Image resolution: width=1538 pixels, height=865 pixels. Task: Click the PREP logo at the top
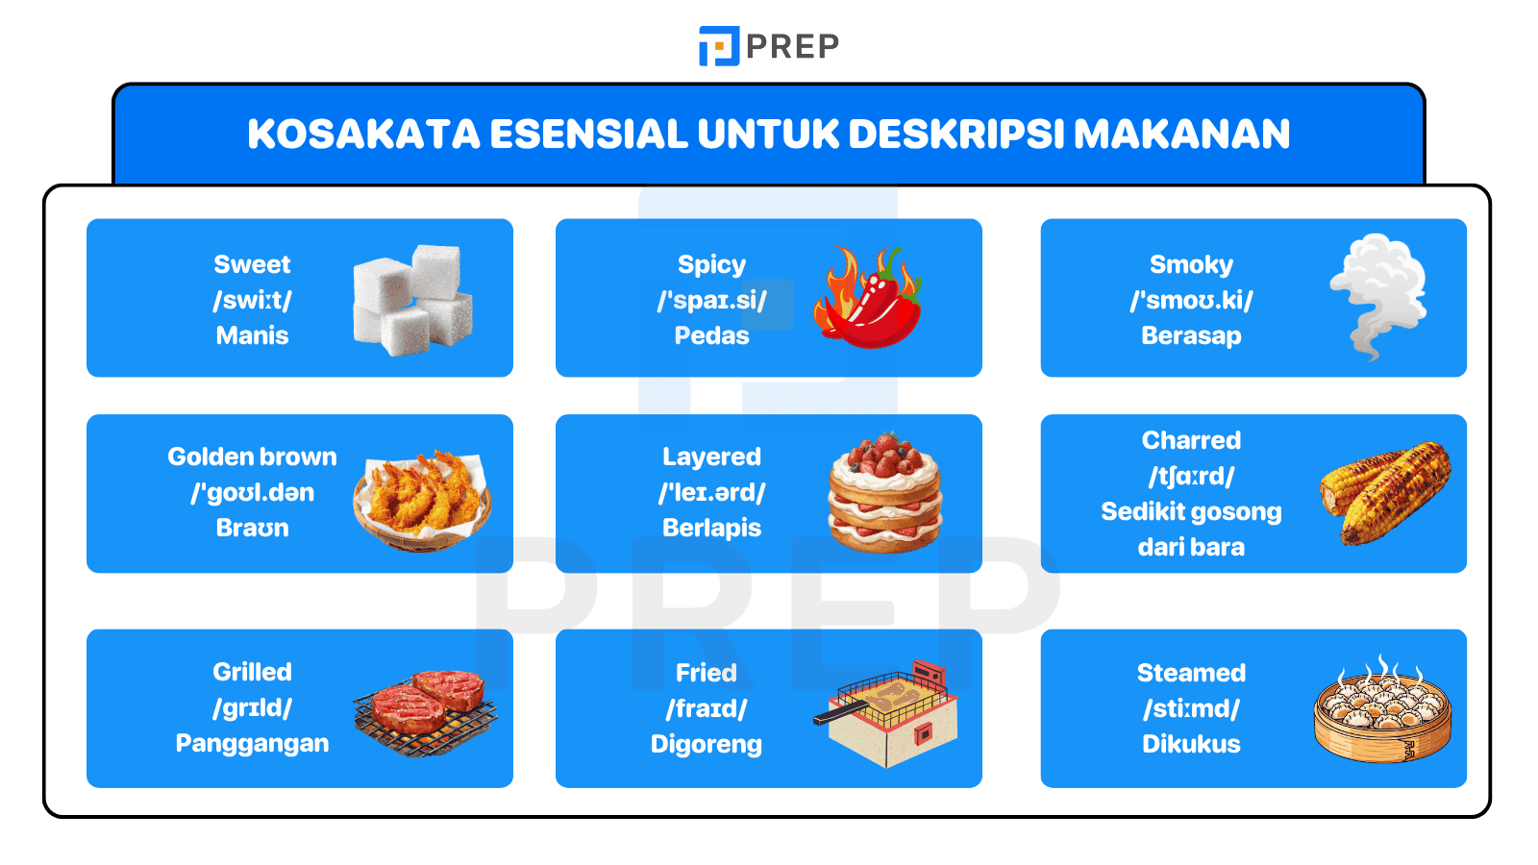coord(768,46)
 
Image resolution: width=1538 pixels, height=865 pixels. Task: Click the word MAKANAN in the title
coord(1181,135)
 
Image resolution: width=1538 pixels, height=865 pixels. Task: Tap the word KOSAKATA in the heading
coord(363,135)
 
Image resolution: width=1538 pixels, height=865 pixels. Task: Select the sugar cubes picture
coord(412,299)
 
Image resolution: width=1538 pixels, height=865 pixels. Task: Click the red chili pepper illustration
coord(867,299)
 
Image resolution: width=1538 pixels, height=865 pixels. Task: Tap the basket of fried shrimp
coord(423,497)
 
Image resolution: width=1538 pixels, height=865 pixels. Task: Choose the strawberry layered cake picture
coord(884,493)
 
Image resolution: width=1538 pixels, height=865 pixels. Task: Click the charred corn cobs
coord(1385,492)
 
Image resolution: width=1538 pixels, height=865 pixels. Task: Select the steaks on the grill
coord(426,712)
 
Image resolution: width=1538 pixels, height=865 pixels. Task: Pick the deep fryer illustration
coord(889,713)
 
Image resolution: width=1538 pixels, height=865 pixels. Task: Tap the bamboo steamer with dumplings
coord(1382,711)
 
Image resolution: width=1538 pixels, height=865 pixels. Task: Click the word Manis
coord(252,335)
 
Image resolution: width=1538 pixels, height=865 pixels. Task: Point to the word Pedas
coord(711,335)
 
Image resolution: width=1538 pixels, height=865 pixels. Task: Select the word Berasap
coord(1191,335)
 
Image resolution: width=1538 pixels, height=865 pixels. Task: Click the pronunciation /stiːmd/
coord(1191,708)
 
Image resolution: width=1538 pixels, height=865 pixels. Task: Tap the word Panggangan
coord(252,743)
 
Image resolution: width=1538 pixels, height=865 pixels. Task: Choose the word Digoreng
coord(707,744)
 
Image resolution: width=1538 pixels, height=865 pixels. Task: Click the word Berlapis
coord(711,528)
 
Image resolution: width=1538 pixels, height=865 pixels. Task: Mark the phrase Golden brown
coord(252,457)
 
